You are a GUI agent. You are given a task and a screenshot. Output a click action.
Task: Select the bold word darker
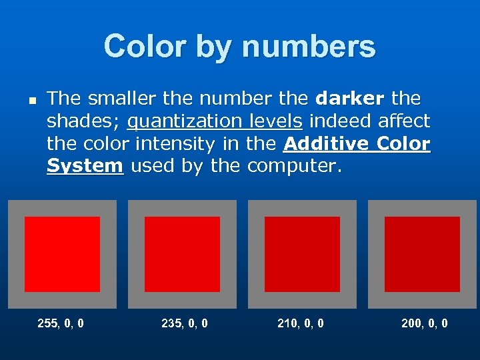coord(350,99)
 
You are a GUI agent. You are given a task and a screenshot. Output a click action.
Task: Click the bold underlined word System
coord(85,165)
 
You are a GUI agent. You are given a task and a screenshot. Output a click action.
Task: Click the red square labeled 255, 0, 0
coord(63,254)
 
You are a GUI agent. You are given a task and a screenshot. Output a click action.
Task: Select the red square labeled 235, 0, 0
coord(182,254)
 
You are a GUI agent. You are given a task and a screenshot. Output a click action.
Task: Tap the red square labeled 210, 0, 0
coord(302,254)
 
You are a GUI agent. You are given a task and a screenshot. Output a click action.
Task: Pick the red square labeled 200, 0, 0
coord(422,254)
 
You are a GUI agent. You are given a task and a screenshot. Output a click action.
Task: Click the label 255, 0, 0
coord(61,323)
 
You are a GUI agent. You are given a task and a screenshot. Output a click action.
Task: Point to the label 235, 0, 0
coord(185,323)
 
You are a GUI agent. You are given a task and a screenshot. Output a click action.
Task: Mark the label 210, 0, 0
coord(301,323)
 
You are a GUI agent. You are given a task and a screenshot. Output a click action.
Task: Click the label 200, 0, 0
coord(425,323)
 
